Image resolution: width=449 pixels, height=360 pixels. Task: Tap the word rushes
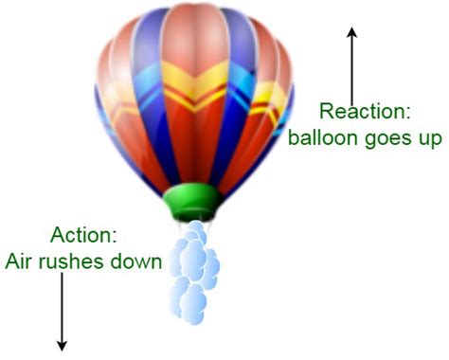[78, 261]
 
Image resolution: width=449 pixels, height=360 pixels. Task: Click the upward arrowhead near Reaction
[352, 33]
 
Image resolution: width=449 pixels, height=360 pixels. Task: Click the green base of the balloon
[193, 203]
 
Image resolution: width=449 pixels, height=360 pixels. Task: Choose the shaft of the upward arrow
[352, 66]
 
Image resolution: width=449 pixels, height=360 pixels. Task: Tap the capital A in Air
[12, 261]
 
